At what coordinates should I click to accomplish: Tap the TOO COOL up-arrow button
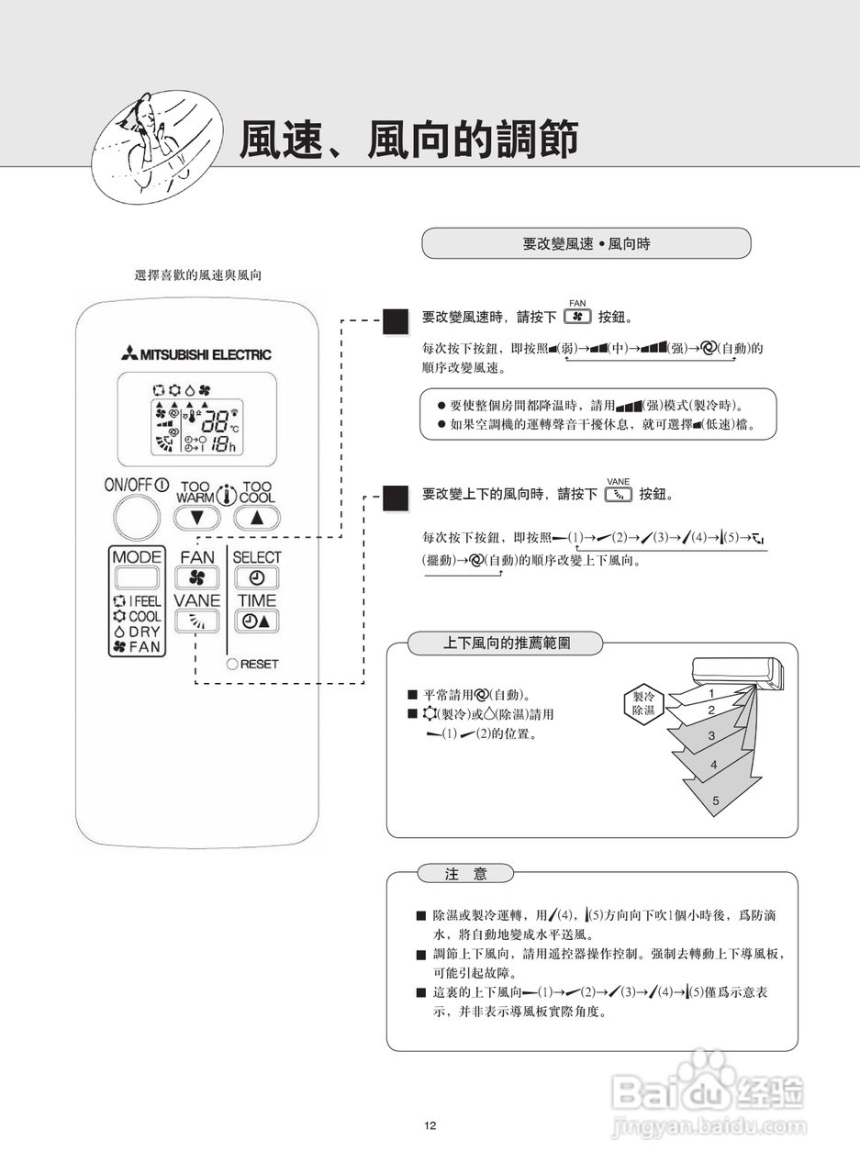click(x=256, y=518)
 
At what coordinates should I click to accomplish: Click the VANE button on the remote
click(x=197, y=621)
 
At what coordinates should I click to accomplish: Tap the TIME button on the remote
click(x=256, y=621)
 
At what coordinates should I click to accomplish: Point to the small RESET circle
click(x=233, y=664)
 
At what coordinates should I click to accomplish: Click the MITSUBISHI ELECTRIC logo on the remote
click(x=195, y=354)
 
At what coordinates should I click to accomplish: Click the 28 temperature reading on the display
click(x=217, y=421)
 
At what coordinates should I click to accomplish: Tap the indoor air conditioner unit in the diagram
click(x=740, y=672)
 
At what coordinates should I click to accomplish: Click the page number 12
click(x=430, y=1126)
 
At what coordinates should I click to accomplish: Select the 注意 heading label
click(x=465, y=874)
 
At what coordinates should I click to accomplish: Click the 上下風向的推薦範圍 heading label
click(x=506, y=643)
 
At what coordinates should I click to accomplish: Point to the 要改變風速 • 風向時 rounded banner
click(x=586, y=243)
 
